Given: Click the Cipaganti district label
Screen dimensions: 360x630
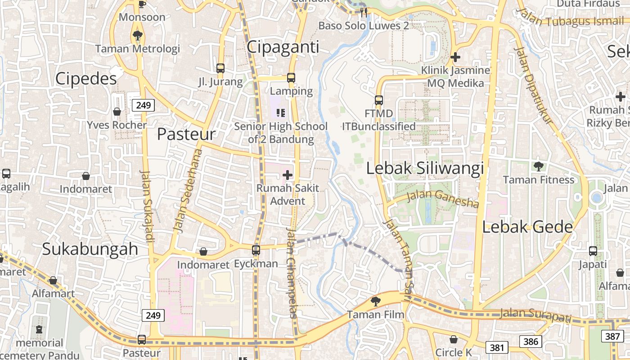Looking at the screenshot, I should [283, 47].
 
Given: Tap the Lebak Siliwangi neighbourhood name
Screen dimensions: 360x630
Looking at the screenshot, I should [425, 168].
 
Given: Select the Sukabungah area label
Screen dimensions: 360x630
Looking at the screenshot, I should [90, 249].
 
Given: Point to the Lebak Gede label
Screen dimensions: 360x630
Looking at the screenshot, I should [527, 227].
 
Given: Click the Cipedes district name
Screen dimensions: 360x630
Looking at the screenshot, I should [86, 79].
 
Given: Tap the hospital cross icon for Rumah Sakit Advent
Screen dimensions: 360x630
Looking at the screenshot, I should [288, 175].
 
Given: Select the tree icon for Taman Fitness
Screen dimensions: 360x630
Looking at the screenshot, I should [538, 166].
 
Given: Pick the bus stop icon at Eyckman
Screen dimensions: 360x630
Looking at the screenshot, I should [256, 250].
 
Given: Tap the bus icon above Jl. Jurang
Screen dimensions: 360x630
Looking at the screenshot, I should [220, 68].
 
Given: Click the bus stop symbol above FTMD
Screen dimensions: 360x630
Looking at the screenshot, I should [379, 100].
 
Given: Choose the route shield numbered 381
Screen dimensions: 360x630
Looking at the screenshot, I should [497, 347].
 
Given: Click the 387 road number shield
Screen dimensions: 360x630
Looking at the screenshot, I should [612, 336].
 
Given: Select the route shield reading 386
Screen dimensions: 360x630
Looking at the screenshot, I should [531, 342].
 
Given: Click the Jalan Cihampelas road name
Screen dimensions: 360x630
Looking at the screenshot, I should [292, 273].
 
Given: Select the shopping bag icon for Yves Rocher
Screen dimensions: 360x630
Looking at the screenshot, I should [117, 112].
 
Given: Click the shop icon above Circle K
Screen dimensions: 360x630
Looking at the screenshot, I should [454, 339].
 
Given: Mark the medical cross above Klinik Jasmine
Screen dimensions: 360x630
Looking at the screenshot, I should [455, 57].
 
